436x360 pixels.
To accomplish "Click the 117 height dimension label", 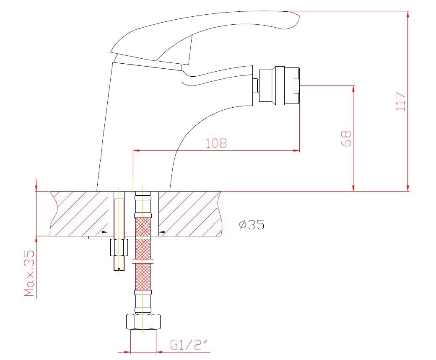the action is coord(401,101).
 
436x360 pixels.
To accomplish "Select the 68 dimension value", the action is coord(345,138).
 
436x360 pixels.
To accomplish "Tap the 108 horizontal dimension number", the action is coord(216,143).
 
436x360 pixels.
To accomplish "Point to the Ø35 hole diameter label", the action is coord(252,224).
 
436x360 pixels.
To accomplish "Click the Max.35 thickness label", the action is coord(29,273).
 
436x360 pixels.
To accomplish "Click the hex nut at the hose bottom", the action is coord(143,322).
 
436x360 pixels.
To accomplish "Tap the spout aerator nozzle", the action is coord(279,85).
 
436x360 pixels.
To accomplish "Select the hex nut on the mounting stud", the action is coord(119,248).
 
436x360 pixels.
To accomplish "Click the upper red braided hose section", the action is coord(143,227).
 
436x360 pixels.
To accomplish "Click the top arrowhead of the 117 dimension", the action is coord(408,14).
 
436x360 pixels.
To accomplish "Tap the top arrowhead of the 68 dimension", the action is coord(353,89).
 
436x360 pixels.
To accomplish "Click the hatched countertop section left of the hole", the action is coord(79,214).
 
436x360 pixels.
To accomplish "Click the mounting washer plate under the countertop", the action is coord(133,238).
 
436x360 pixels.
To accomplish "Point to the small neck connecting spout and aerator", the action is coord(256,85).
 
